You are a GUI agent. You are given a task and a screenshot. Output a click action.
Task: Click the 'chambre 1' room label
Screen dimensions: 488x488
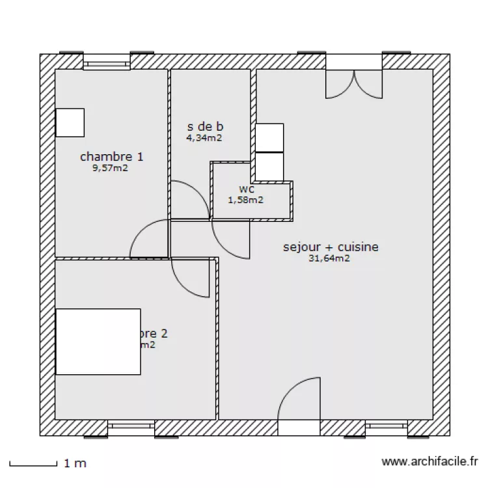112,156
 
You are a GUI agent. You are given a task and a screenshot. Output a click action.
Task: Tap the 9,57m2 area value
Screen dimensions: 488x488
110,167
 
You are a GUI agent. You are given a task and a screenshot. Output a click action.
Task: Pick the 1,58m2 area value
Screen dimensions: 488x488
245,200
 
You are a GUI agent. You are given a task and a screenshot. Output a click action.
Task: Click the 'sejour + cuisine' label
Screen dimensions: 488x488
331,247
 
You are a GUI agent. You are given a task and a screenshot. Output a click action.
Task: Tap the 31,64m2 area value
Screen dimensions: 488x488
330,258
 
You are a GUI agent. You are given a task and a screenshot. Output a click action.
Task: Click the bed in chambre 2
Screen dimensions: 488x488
98,342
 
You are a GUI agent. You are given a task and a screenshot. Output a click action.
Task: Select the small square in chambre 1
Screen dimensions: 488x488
70,122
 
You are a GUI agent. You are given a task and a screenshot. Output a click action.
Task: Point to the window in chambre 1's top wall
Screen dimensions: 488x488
107,63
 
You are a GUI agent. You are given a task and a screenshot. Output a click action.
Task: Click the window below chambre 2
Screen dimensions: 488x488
131,427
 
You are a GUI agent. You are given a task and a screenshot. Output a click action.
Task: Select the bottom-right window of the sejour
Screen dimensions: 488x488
386,427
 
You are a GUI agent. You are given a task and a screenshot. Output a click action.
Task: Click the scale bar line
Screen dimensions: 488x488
33,465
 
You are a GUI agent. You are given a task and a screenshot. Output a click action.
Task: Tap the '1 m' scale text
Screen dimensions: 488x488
75,464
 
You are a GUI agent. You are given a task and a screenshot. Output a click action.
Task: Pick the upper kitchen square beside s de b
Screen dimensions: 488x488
269,137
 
